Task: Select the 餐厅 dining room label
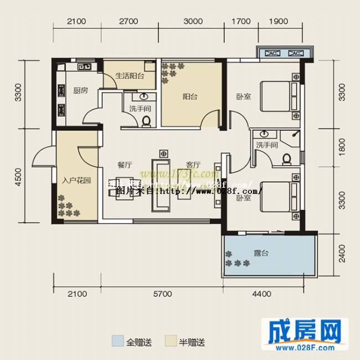pos(124,164)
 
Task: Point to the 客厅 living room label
pos(193,164)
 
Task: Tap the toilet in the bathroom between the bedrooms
pos(287,160)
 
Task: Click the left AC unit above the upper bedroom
pos(272,53)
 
